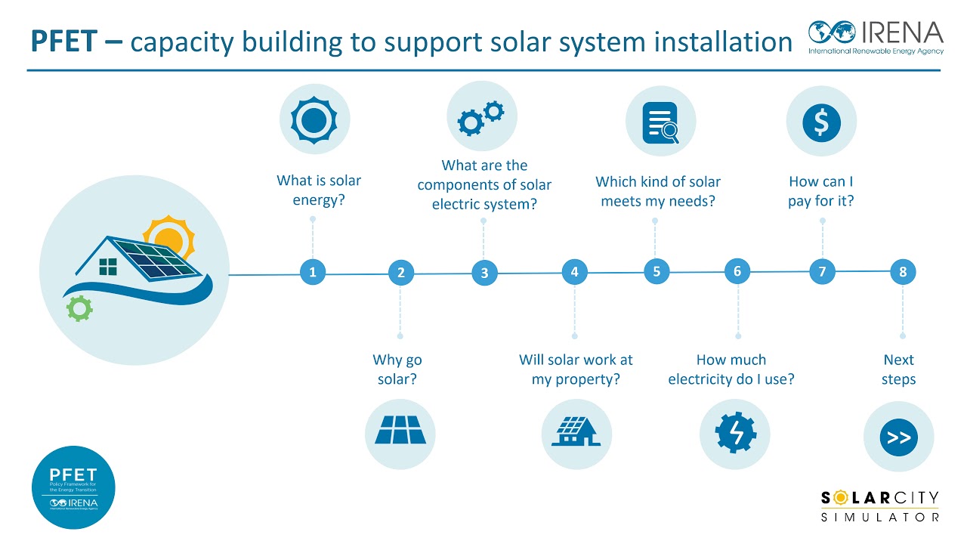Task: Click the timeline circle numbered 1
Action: click(312, 272)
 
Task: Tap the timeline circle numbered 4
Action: click(574, 272)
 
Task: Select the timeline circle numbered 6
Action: click(737, 271)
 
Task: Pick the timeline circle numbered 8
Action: click(903, 271)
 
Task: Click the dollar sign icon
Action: click(821, 121)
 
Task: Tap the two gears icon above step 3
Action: click(482, 117)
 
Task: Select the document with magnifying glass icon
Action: click(660, 122)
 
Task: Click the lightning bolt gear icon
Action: click(734, 434)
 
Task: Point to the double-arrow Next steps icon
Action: click(898, 437)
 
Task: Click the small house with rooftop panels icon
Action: click(576, 433)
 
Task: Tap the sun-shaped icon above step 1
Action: click(314, 119)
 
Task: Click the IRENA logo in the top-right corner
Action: click(876, 36)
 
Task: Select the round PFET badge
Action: click(73, 487)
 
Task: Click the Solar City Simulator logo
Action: click(880, 506)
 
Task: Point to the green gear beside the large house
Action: click(79, 309)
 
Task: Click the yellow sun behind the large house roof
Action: click(170, 236)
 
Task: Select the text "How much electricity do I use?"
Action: click(731, 369)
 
